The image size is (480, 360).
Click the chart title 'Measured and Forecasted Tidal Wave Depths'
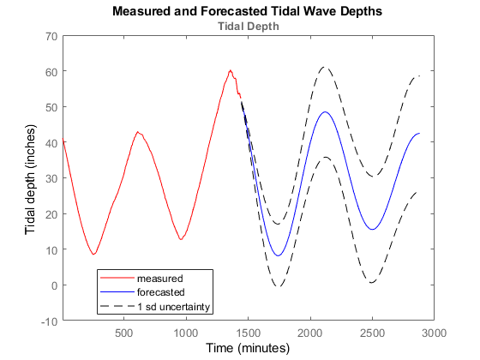point(247,12)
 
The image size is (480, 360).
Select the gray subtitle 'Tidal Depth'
point(247,26)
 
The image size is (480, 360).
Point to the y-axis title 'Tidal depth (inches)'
point(31,178)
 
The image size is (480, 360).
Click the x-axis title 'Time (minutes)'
point(248,348)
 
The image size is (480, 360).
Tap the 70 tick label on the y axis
point(51,36)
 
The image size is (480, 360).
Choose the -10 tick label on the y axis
point(48,321)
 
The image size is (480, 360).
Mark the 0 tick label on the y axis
point(53,285)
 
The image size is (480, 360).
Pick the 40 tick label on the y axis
point(51,143)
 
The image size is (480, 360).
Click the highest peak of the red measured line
point(230,70)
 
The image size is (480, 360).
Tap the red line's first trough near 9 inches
point(93,255)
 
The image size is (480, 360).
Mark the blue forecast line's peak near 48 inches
point(325,112)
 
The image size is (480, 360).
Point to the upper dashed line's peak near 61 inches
point(323,67)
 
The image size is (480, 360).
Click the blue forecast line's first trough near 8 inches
point(278,255)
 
